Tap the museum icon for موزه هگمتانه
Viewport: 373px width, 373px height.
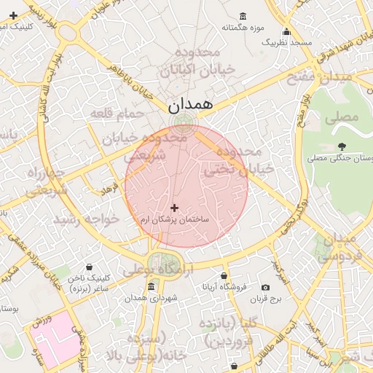(x=243, y=16)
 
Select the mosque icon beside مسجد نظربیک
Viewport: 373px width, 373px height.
(x=286, y=32)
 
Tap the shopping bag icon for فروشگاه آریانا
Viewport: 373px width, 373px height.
(x=224, y=276)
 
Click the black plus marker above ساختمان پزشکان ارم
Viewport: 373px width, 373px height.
(x=174, y=208)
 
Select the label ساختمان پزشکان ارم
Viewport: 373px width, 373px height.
(x=175, y=219)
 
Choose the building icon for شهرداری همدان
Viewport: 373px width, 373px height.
(x=150, y=288)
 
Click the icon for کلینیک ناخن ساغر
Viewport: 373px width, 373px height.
(x=89, y=267)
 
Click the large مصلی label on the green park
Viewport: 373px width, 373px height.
(x=344, y=117)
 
